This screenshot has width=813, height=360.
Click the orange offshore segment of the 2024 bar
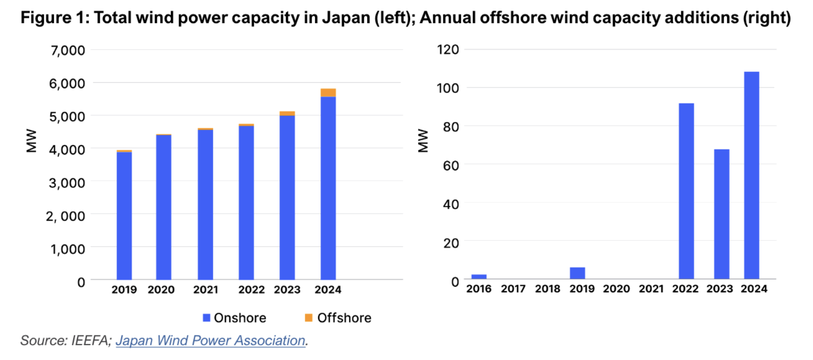pyautogui.click(x=328, y=93)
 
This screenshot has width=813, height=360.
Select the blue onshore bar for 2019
pyautogui.click(x=124, y=216)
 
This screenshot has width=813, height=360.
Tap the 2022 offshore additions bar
pyautogui.click(x=686, y=191)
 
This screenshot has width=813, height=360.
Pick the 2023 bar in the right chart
pyautogui.click(x=721, y=214)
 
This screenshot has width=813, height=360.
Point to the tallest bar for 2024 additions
pyautogui.click(x=751, y=175)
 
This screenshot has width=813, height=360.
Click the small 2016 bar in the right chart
pyautogui.click(x=479, y=276)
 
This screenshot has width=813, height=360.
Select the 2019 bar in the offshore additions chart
pyautogui.click(x=577, y=273)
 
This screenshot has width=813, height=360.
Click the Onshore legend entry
pyautogui.click(x=235, y=318)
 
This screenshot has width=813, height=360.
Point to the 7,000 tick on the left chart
pyautogui.click(x=68, y=50)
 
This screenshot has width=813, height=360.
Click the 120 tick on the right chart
pyautogui.click(x=448, y=50)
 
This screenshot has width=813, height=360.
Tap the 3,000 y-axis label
pyautogui.click(x=67, y=183)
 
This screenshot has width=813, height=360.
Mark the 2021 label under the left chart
pyautogui.click(x=205, y=290)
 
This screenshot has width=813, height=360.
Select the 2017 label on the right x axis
pyautogui.click(x=513, y=289)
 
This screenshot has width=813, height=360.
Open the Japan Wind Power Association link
pyautogui.click(x=210, y=341)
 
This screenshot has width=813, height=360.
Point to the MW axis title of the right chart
pyautogui.click(x=423, y=141)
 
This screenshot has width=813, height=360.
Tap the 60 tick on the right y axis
pyautogui.click(x=450, y=165)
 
